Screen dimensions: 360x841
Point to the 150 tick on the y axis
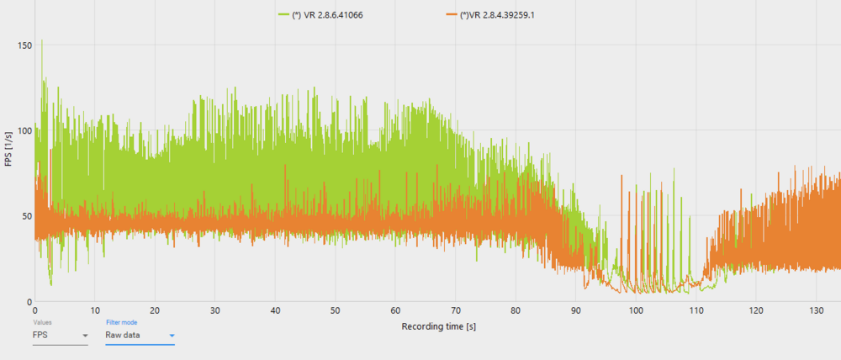[24, 44]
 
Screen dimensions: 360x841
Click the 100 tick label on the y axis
[24, 130]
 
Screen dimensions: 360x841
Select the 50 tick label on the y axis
[27, 216]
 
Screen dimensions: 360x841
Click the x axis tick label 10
[95, 310]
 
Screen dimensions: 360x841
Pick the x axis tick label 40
[275, 310]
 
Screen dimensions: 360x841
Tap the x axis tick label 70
[456, 310]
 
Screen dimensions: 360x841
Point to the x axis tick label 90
[576, 310]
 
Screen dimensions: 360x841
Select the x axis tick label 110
[696, 310]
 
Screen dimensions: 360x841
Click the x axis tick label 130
[816, 310]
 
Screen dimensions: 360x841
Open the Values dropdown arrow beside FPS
[85, 336]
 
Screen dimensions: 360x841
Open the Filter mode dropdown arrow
[172, 336]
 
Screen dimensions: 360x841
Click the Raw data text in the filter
[123, 336]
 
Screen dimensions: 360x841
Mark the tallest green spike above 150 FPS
[42, 41]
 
